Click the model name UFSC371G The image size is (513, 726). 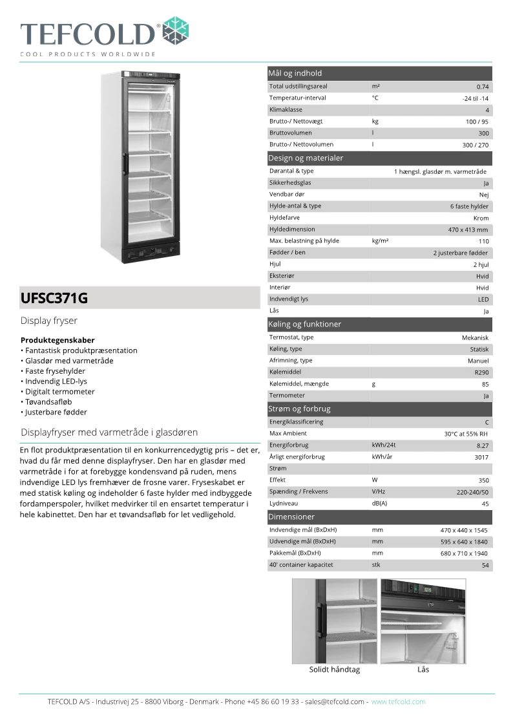click(x=54, y=299)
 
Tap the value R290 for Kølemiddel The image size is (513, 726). click(x=481, y=373)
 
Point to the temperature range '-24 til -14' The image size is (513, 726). click(x=476, y=98)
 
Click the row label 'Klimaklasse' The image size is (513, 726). click(x=286, y=110)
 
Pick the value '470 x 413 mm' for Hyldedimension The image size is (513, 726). click(x=468, y=230)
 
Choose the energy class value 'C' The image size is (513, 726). click(x=487, y=422)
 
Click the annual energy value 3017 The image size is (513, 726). click(x=481, y=457)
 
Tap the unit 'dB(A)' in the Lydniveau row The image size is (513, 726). click(x=379, y=504)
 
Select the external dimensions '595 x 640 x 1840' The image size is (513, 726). click(x=464, y=542)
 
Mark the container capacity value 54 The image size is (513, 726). click(x=485, y=565)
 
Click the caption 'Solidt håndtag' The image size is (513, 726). click(x=334, y=670)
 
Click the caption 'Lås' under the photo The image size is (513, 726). click(x=423, y=670)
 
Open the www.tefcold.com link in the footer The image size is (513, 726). click(x=398, y=701)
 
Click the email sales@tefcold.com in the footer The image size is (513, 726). click(x=335, y=701)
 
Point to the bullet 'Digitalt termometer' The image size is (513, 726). click(x=60, y=392)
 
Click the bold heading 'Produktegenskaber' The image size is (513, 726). click(x=58, y=340)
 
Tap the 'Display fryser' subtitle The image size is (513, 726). click(x=49, y=321)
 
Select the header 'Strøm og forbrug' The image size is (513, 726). click(x=299, y=409)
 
